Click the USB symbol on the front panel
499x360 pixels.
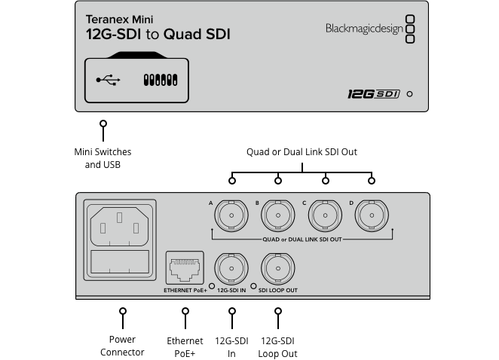pyautogui.click(x=108, y=79)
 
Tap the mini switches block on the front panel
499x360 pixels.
pyautogui.click(x=160, y=79)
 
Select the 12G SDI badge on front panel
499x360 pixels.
pyautogui.click(x=372, y=94)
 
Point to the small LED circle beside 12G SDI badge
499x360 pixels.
pyautogui.click(x=409, y=94)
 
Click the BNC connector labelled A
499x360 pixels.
pyautogui.click(x=231, y=215)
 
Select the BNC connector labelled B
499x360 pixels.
pyautogui.click(x=278, y=215)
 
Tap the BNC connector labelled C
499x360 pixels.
pyautogui.click(x=325, y=215)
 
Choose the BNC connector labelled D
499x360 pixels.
pyautogui.click(x=372, y=215)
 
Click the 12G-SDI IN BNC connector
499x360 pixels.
pyautogui.click(x=231, y=267)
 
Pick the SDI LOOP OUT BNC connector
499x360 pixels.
pyautogui.click(x=278, y=267)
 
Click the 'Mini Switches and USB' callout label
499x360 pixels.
pyautogui.click(x=103, y=158)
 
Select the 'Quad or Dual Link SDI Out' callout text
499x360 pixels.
pyautogui.click(x=302, y=152)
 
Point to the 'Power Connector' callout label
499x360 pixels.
pyautogui.click(x=122, y=346)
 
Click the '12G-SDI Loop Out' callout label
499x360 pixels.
pyautogui.click(x=277, y=347)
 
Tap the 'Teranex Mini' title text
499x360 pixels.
pyautogui.click(x=119, y=19)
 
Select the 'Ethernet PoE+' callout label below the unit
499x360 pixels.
pyautogui.click(x=185, y=347)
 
